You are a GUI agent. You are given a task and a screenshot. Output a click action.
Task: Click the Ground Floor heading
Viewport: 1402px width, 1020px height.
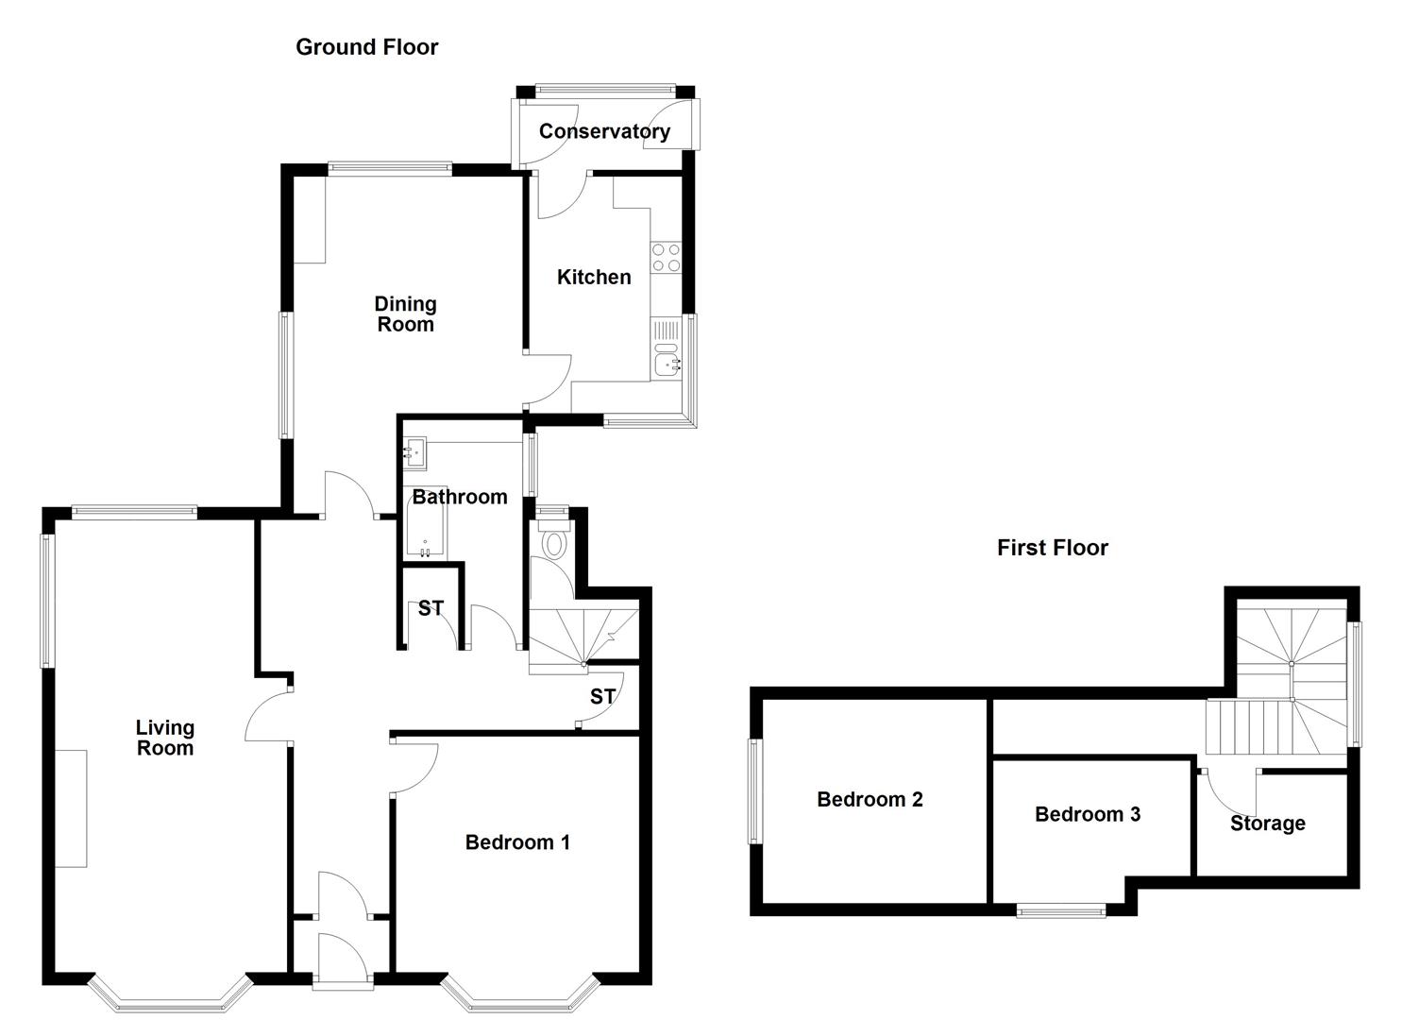[366, 47]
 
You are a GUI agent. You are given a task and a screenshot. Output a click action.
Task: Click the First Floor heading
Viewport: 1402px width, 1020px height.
[1053, 548]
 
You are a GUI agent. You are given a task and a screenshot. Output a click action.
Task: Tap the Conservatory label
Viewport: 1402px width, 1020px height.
[604, 131]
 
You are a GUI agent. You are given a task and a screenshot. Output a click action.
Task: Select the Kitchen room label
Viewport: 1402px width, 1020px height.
[594, 277]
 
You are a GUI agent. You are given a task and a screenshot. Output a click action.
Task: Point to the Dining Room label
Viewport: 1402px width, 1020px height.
[406, 314]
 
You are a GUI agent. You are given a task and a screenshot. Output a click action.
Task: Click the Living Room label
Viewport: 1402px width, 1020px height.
[165, 738]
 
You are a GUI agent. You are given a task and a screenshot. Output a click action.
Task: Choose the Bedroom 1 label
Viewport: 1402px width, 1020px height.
[517, 842]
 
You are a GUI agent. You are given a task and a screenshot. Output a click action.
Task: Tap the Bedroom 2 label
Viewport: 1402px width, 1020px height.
[870, 799]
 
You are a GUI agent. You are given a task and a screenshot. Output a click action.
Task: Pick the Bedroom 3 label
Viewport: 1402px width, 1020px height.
[1088, 814]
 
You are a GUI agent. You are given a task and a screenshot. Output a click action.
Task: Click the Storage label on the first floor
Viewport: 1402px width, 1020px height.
[1268, 824]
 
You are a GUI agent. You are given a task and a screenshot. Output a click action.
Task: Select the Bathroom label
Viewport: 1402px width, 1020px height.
[460, 497]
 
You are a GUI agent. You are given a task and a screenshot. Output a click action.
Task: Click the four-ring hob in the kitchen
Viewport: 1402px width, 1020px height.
[666, 257]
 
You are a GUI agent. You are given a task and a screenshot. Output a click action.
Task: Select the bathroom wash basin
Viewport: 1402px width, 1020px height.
[414, 453]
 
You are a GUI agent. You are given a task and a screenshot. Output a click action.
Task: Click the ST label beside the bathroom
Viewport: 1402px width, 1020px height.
[431, 608]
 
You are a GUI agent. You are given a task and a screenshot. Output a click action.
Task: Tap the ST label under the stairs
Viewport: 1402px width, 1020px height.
[602, 696]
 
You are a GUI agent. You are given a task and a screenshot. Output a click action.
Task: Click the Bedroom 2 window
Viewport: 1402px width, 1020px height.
[756, 791]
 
